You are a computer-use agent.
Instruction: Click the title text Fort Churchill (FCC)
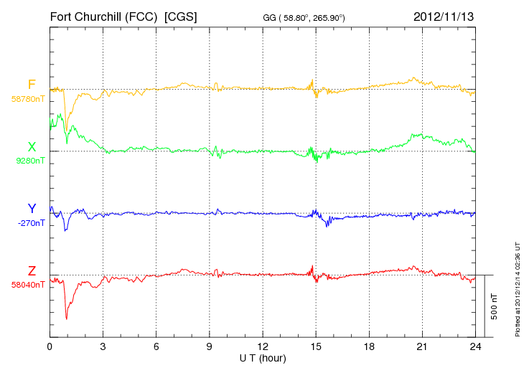click(104, 16)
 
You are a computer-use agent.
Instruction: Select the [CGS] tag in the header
click(181, 16)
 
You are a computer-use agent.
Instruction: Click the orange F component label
click(32, 85)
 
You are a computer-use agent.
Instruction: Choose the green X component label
click(32, 147)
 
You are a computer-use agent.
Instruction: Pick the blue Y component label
click(32, 209)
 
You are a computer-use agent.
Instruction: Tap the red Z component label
click(32, 271)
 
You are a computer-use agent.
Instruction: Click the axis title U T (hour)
click(263, 358)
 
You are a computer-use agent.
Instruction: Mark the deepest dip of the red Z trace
click(67, 319)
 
